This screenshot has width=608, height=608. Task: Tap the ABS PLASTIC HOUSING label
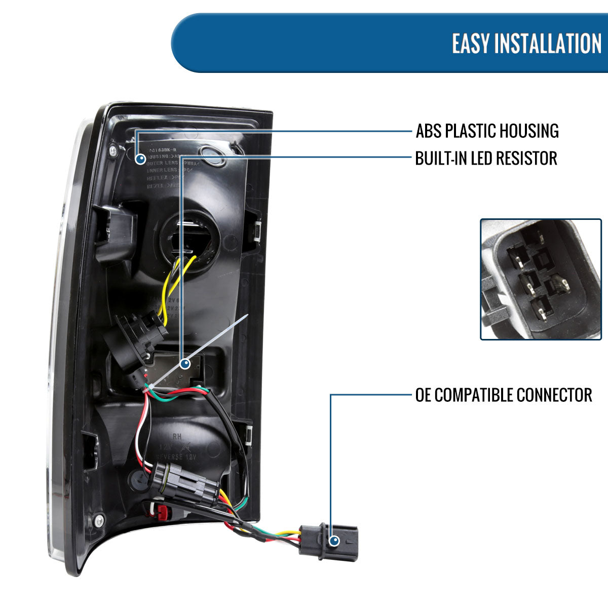487,131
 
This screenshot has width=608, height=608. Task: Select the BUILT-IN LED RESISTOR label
486,158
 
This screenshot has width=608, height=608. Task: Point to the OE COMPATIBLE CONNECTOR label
503,395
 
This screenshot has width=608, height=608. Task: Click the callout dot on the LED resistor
184,364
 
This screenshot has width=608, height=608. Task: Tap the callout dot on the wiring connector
333,541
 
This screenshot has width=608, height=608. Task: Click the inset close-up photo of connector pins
541,279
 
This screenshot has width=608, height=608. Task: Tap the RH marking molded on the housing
177,436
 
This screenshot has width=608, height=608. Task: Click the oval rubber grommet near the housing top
212,156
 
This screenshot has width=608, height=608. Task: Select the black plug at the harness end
328,541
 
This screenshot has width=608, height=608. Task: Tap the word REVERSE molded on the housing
170,457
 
